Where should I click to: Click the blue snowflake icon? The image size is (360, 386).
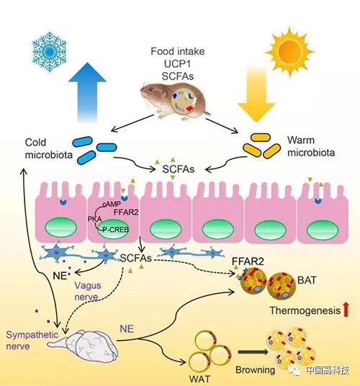pyautogui.click(x=50, y=52)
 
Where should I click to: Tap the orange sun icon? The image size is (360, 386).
pyautogui.click(x=289, y=52)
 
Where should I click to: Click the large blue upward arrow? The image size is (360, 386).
pyautogui.click(x=87, y=92)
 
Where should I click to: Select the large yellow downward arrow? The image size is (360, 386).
pyautogui.click(x=256, y=95)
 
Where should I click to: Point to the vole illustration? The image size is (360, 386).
pyautogui.click(x=175, y=102)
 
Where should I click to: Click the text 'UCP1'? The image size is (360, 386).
pyautogui.click(x=177, y=64)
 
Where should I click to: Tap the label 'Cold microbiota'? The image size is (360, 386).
pyautogui.click(x=49, y=148)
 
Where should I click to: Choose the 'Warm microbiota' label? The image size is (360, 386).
pyautogui.click(x=311, y=146)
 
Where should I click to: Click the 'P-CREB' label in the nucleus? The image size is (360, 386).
pyautogui.click(x=115, y=230)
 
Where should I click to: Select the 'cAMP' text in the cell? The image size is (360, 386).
pyautogui.click(x=112, y=204)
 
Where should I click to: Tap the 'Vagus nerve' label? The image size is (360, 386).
pyautogui.click(x=88, y=291)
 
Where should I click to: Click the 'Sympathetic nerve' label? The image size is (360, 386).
pyautogui.click(x=32, y=340)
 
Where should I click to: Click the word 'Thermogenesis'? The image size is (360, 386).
pyautogui.click(x=305, y=310)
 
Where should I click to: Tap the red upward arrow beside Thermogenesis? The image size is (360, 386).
pyautogui.click(x=346, y=310)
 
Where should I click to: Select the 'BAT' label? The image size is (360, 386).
pyautogui.click(x=307, y=280)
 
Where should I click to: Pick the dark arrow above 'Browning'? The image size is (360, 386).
pyautogui.click(x=253, y=352)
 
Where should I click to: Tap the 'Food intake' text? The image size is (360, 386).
pyautogui.click(x=178, y=51)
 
